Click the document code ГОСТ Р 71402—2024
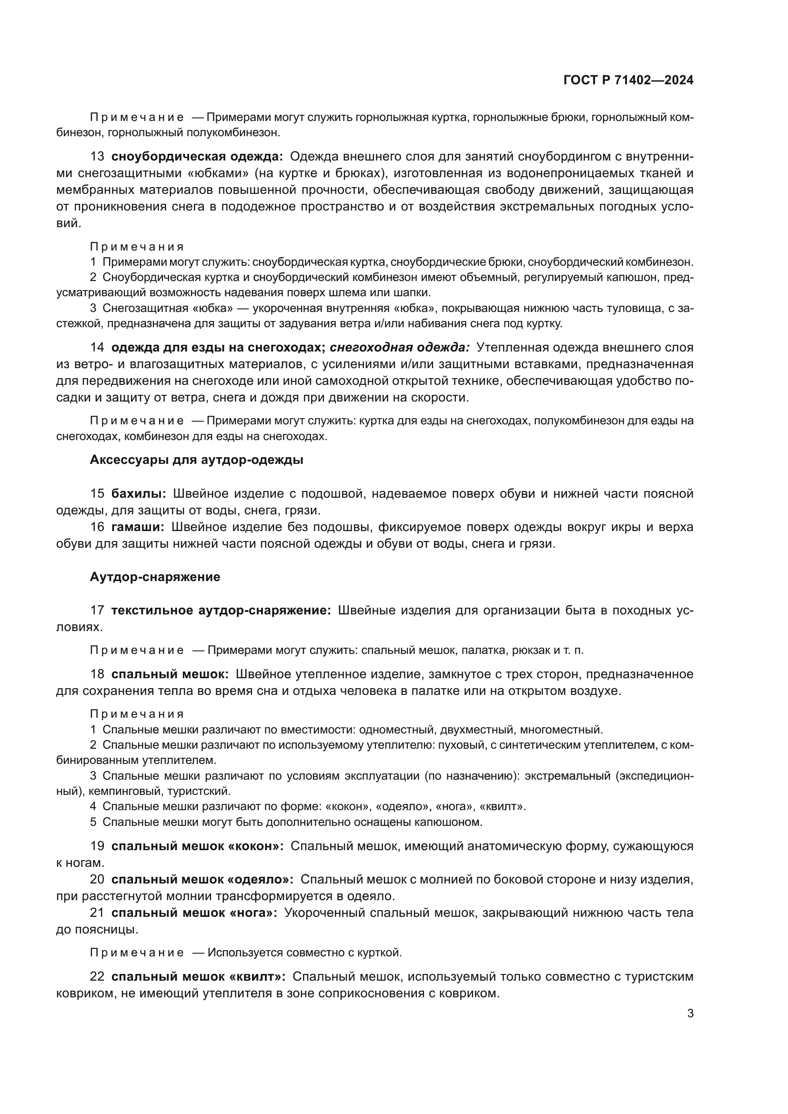(628, 80)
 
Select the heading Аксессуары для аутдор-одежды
(196, 460)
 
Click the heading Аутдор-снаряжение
(155, 577)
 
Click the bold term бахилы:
(139, 494)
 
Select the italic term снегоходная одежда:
(400, 347)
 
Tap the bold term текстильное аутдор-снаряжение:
(221, 611)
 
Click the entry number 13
(97, 157)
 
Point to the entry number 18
(97, 674)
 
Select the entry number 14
(97, 347)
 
